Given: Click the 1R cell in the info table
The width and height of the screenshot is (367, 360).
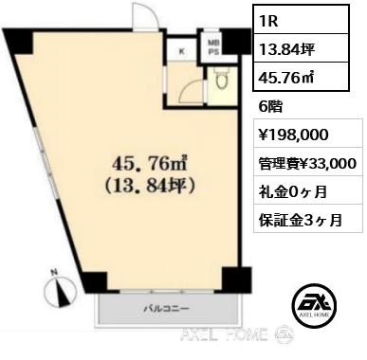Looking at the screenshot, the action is point(301,20).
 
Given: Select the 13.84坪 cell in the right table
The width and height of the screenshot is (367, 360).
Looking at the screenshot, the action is point(301,48).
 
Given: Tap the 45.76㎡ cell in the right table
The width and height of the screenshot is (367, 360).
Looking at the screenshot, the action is point(301,77).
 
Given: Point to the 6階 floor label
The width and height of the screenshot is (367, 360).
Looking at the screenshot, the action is point(270,107).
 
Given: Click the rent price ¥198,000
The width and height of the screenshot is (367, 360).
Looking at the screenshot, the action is point(294,135).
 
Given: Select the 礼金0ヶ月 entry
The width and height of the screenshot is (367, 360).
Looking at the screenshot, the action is point(293,191).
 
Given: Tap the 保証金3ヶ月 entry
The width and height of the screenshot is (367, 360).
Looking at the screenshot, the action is point(301,220).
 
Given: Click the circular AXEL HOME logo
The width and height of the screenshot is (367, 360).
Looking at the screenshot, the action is point(314,306).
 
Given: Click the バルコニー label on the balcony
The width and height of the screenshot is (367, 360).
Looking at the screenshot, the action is point(167,308).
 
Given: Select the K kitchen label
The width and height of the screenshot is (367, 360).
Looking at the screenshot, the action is point(182,51).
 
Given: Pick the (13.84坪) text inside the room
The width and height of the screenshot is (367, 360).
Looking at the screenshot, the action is point(151,186).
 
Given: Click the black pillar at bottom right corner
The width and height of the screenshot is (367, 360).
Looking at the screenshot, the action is point(236,279).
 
